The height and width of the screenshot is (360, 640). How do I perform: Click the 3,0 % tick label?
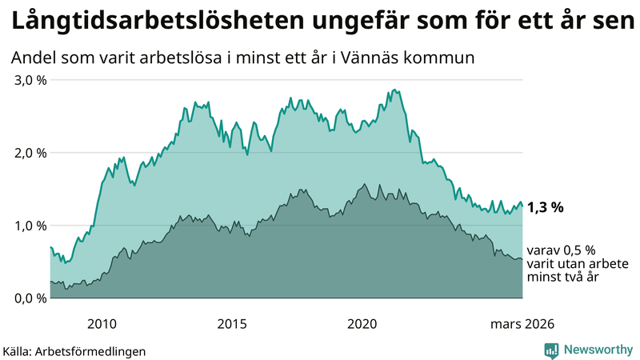click(x=28, y=80)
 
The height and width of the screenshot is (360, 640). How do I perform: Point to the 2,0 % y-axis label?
click(x=28, y=153)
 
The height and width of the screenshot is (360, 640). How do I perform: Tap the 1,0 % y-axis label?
click(x=28, y=226)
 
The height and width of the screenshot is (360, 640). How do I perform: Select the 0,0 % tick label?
click(x=28, y=298)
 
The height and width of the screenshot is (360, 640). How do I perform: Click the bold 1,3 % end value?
click(x=546, y=207)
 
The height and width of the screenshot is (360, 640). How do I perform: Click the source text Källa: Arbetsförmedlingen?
click(x=74, y=350)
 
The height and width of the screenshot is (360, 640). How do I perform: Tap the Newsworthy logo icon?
click(x=551, y=350)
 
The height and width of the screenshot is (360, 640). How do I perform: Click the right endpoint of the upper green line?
click(x=522, y=206)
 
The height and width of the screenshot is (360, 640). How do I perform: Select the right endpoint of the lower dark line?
click(x=522, y=259)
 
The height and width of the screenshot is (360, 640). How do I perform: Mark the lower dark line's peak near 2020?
click(x=366, y=185)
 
